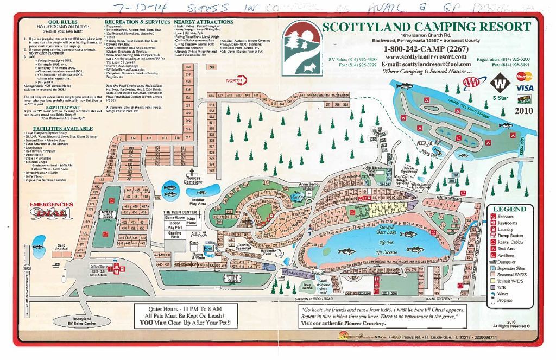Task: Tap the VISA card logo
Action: [525, 87]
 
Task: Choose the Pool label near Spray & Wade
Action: [206, 247]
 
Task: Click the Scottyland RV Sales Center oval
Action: [81, 321]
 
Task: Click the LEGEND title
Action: [510, 209]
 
